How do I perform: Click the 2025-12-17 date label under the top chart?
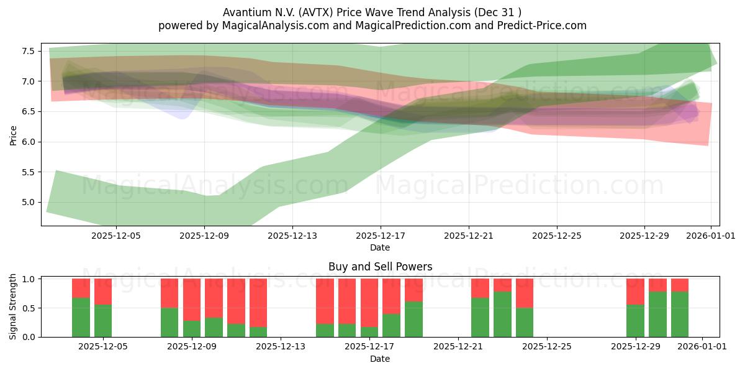380,236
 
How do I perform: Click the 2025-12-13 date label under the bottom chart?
281,347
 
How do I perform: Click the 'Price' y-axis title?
14,134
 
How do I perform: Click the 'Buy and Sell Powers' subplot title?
380,267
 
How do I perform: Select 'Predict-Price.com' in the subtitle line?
541,25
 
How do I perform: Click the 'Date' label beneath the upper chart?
380,247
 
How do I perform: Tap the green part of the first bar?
81,317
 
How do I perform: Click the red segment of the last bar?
680,285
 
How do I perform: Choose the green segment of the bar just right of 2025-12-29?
657,314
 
